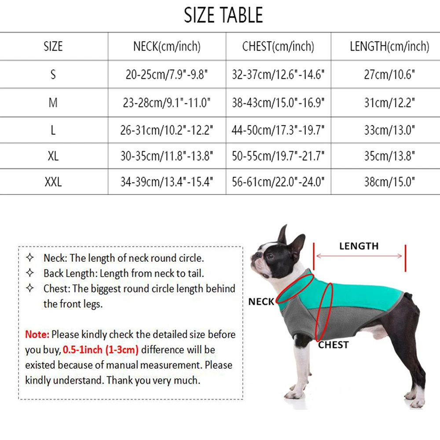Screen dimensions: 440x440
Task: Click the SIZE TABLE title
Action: coord(223,16)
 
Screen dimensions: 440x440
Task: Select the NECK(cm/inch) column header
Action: coord(167,46)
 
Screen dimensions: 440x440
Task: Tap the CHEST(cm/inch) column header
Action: coord(278,46)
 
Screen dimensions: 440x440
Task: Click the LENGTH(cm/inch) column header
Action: coord(389,46)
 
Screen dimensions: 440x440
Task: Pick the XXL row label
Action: coord(53,182)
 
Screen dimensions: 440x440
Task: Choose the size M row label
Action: coord(53,103)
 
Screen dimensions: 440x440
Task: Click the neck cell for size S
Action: coord(167,74)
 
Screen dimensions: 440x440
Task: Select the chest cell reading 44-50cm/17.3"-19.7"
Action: coord(278,130)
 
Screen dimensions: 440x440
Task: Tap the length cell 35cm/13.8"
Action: coord(389,156)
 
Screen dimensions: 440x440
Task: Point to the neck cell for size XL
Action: coord(167,156)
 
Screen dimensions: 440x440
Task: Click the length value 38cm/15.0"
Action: coord(389,182)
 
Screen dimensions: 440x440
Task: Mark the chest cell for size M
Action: coord(278,103)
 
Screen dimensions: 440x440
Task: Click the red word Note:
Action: coord(37,334)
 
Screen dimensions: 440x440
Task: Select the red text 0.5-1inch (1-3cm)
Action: coord(101,350)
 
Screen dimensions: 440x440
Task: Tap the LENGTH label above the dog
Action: coord(359,246)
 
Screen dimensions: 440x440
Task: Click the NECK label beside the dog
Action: coord(261,302)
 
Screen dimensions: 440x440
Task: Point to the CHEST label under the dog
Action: coord(334,345)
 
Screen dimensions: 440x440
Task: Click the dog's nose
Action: coord(253,255)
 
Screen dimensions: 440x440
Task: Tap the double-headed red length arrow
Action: coord(359,256)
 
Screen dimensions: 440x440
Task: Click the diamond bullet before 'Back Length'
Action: coord(30,273)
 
